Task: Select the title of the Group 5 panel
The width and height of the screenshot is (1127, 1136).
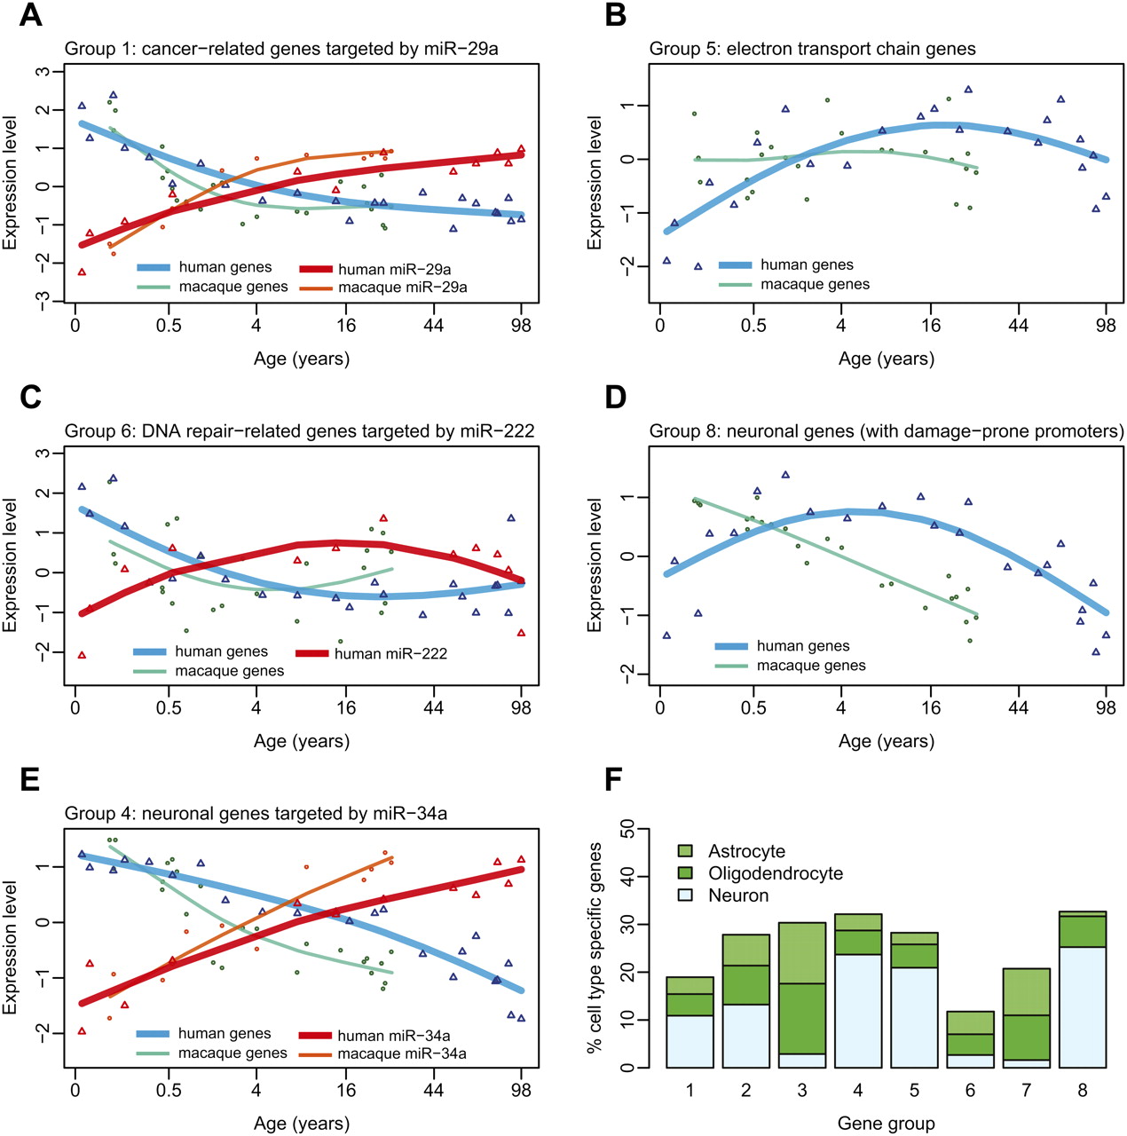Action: (x=812, y=49)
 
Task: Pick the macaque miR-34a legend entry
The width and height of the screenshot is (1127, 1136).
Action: (x=402, y=1053)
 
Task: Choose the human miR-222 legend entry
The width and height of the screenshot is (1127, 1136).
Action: (x=390, y=653)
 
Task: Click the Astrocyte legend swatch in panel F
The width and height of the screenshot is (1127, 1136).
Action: (x=685, y=851)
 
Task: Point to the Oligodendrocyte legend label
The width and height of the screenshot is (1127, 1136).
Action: (x=775, y=873)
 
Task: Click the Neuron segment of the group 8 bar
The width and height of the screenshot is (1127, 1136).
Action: (x=1082, y=1007)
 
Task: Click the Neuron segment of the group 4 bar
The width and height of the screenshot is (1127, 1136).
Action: (x=858, y=1011)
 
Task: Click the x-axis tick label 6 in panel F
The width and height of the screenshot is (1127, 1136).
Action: (x=971, y=1090)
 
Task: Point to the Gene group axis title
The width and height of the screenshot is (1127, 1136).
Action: (x=886, y=1124)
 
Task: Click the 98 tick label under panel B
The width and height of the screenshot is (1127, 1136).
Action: (x=1106, y=325)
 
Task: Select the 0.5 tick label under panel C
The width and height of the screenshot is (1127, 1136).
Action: (x=169, y=707)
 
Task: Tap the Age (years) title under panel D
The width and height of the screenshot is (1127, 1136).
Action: (x=886, y=741)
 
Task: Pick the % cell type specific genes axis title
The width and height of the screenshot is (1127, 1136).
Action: (x=594, y=948)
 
